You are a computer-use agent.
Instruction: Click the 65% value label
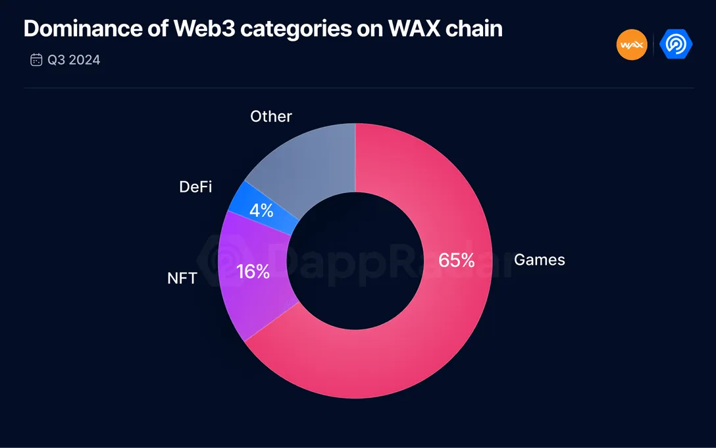[457, 260]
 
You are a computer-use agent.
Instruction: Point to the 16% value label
[253, 271]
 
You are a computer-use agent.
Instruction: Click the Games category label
[539, 260]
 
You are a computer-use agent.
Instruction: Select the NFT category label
[182, 278]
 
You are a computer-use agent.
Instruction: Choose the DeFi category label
[195, 187]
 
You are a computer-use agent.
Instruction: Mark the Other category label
[270, 117]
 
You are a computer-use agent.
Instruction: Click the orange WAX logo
[632, 45]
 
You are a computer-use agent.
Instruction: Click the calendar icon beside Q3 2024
[36, 60]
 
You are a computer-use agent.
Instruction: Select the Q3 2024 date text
[74, 60]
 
